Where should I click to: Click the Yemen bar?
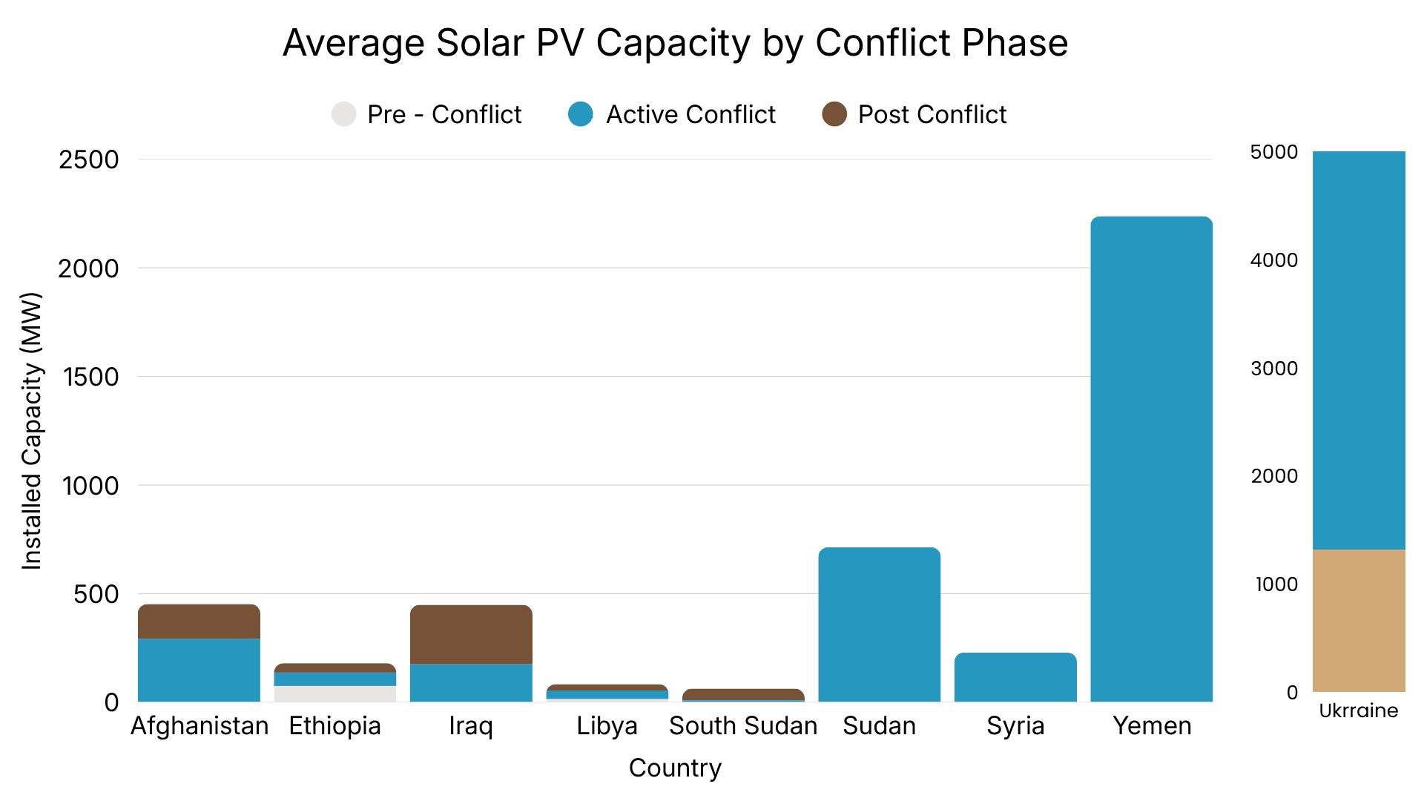[x=1151, y=460]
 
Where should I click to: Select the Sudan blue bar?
[x=879, y=624]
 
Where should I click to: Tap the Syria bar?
[x=1015, y=677]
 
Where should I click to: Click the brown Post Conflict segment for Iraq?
[x=471, y=634]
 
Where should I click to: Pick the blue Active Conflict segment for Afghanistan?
[x=199, y=670]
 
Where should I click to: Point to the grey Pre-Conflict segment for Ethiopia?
[x=334, y=693]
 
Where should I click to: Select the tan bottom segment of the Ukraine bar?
[x=1358, y=621]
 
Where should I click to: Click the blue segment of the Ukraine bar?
[x=1358, y=350]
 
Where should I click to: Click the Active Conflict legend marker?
[x=581, y=114]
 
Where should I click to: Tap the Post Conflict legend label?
[x=932, y=114]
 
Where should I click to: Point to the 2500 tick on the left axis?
[x=88, y=159]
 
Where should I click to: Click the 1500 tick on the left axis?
[x=90, y=377]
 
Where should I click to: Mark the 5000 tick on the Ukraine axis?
[x=1273, y=152]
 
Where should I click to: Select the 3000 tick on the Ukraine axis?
[x=1273, y=369]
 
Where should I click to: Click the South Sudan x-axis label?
[x=743, y=725]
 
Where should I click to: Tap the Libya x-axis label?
[x=607, y=725]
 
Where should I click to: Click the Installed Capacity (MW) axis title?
[x=31, y=431]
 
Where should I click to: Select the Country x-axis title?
[x=675, y=768]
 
